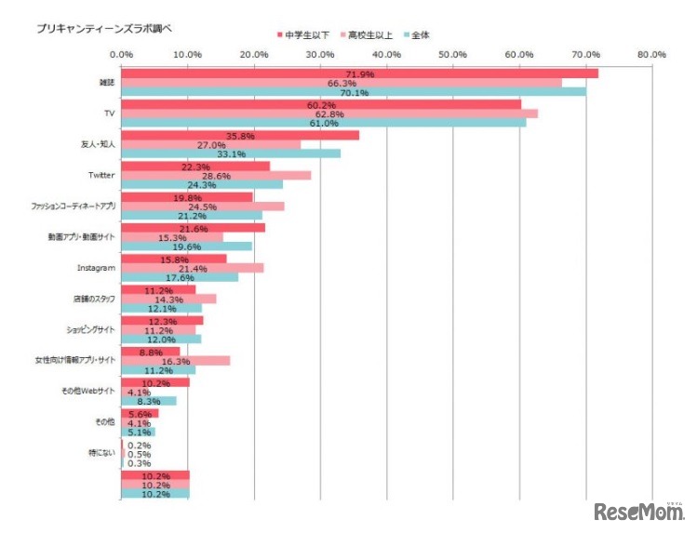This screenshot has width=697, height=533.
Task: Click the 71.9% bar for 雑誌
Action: [359, 73]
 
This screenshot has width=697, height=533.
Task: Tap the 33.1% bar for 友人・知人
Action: [231, 153]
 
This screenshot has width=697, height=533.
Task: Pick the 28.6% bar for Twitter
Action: [216, 175]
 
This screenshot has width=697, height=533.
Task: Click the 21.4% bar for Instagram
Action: [193, 268]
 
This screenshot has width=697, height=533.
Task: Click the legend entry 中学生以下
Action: [302, 34]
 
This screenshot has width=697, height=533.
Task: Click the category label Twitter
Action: [101, 175]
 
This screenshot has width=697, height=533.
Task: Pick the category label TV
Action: [110, 113]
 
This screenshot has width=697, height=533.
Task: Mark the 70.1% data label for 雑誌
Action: [355, 93]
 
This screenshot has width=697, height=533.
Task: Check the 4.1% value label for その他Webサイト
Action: [139, 392]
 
